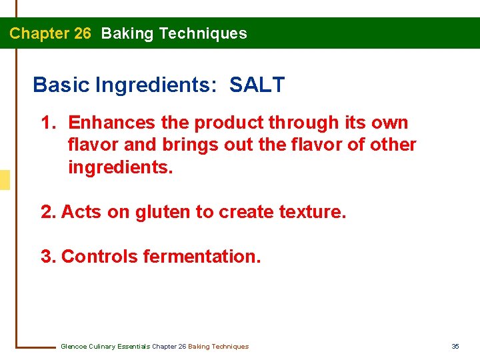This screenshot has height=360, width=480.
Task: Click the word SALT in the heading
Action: pyautogui.click(x=257, y=85)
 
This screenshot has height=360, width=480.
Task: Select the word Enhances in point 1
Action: pyautogui.click(x=111, y=123)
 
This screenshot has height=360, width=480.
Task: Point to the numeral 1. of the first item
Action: pyautogui.click(x=49, y=123)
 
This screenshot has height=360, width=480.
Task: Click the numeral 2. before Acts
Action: pyautogui.click(x=49, y=212)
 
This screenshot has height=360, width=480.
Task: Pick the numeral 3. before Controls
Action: pyautogui.click(x=49, y=257)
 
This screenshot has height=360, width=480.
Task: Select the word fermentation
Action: pyautogui.click(x=202, y=257)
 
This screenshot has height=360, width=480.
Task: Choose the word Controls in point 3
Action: pyautogui.click(x=100, y=257)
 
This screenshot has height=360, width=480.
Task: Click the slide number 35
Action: pyautogui.click(x=455, y=346)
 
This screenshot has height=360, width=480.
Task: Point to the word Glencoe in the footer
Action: pyautogui.click(x=73, y=346)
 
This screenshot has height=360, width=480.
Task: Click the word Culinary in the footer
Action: pyautogui.click(x=101, y=346)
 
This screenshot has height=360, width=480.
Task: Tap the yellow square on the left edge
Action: pyautogui.click(x=5, y=180)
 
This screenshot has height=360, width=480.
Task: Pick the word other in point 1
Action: pyautogui.click(x=394, y=145)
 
